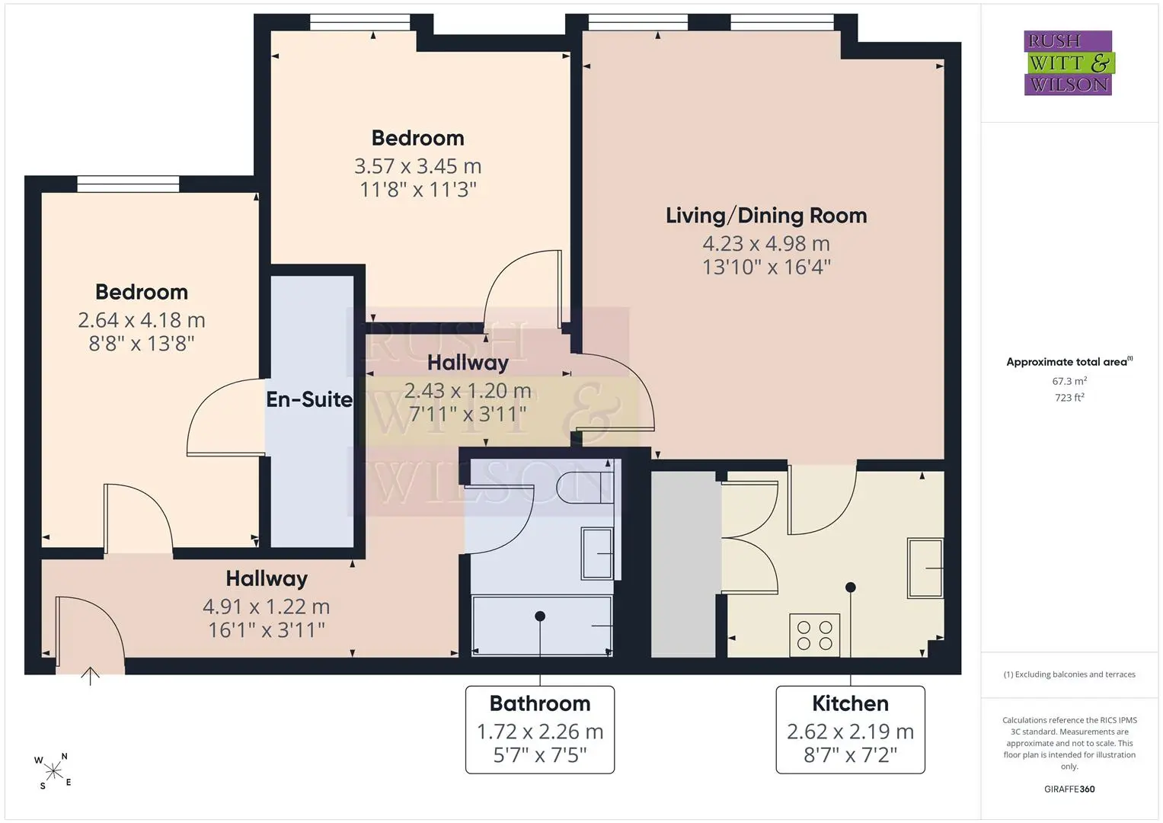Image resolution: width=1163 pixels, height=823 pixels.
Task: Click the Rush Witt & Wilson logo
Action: click(1069, 62)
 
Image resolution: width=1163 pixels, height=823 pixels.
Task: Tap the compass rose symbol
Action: click(53, 771)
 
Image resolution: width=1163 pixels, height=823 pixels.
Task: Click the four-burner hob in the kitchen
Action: click(814, 636)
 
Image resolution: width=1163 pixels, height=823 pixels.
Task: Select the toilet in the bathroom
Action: click(585, 488)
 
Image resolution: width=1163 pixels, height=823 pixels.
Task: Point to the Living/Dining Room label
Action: click(766, 216)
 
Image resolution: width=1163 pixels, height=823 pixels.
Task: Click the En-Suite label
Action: click(309, 399)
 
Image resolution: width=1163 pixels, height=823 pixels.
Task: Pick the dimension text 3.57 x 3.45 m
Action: click(418, 166)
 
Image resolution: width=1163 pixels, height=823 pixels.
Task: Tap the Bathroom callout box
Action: click(540, 729)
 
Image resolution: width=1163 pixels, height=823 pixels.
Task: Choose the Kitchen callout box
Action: click(851, 729)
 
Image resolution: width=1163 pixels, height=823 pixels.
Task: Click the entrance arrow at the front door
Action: click(91, 677)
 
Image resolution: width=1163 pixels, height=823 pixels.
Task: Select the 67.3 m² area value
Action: click(1069, 381)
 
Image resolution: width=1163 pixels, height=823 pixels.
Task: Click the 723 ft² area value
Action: click(1069, 398)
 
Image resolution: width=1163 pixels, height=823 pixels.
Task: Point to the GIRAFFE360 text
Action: click(1069, 789)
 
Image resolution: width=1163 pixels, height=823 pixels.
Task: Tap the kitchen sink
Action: click(925, 568)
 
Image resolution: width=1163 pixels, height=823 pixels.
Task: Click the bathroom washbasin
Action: click(597, 553)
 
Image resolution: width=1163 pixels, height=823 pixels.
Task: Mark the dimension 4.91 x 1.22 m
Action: click(267, 607)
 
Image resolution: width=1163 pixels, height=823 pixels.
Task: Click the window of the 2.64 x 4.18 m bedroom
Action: click(128, 184)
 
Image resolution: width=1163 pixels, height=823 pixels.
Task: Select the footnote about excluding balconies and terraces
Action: click(1069, 674)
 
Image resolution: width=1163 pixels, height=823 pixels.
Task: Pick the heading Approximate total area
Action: click(1066, 362)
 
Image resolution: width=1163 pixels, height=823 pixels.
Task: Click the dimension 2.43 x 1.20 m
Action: click(468, 391)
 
